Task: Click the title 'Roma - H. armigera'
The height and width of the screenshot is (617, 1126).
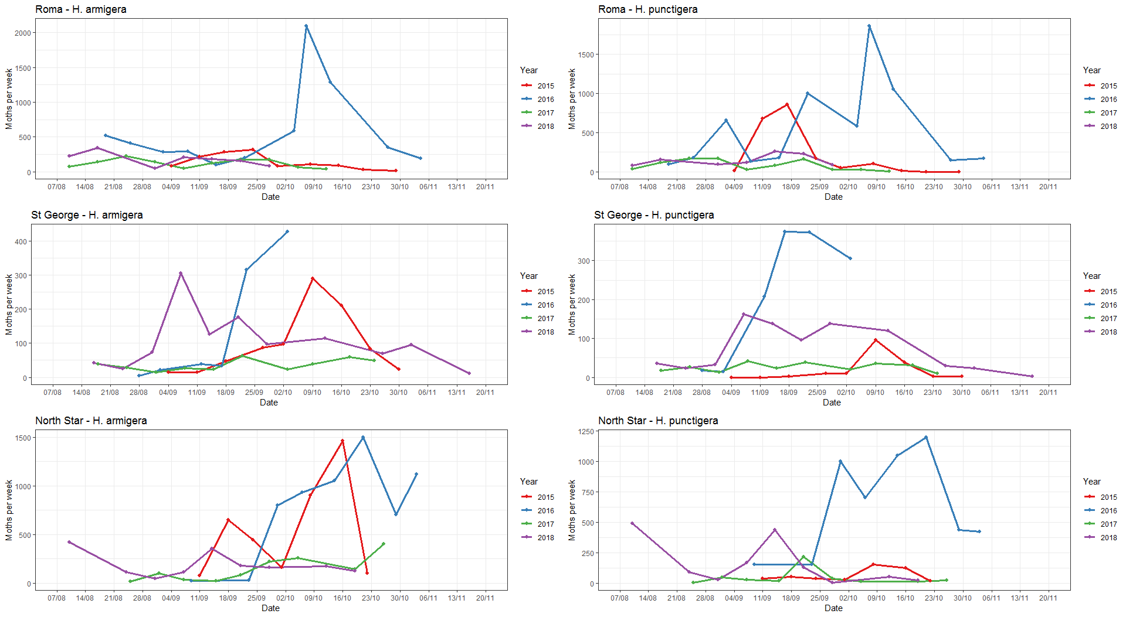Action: (81, 9)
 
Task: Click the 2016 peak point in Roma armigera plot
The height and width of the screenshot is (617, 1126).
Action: (306, 26)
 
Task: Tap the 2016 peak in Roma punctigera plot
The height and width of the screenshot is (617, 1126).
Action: (869, 26)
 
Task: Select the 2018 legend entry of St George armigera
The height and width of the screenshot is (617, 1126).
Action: (545, 332)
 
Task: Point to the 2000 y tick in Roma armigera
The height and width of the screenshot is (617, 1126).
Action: (23, 33)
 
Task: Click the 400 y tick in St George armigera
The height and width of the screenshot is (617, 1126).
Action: (21, 241)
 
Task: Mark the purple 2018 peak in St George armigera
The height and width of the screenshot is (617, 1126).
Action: (181, 273)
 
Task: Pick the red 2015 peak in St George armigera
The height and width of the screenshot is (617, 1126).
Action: (313, 278)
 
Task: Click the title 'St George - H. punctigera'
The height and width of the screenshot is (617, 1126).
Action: (654, 215)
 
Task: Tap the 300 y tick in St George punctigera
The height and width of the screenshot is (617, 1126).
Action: (584, 261)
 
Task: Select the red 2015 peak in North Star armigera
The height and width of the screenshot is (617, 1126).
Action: (342, 441)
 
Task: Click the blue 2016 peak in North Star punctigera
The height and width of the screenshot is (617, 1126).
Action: (926, 437)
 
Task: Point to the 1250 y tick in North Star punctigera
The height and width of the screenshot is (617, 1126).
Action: (586, 431)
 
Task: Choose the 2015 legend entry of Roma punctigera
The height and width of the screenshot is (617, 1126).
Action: (1108, 86)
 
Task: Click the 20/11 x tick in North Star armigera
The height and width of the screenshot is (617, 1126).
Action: (485, 598)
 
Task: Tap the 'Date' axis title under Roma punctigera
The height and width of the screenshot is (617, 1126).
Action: (833, 197)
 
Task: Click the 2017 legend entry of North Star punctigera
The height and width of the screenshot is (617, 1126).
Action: (1108, 524)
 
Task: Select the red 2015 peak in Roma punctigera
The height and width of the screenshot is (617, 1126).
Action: (787, 104)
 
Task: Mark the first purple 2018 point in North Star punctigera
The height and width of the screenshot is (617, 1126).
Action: (632, 523)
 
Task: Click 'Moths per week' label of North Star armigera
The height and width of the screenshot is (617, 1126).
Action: (9, 510)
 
